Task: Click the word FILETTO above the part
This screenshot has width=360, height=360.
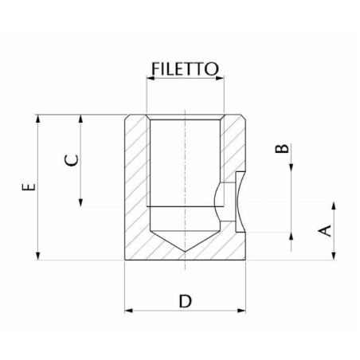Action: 183,69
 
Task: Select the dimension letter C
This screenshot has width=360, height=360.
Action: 71,158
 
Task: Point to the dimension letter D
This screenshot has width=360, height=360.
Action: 185,301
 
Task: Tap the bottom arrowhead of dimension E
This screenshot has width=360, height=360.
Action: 37,256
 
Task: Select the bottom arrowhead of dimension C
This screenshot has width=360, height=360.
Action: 82,202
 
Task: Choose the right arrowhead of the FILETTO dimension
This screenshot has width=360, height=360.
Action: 220,78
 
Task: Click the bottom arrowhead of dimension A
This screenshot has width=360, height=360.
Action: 334,255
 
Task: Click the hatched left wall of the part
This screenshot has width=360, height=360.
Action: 137,183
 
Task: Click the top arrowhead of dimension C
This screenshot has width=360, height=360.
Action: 82,118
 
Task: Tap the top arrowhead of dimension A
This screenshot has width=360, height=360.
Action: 334,205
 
